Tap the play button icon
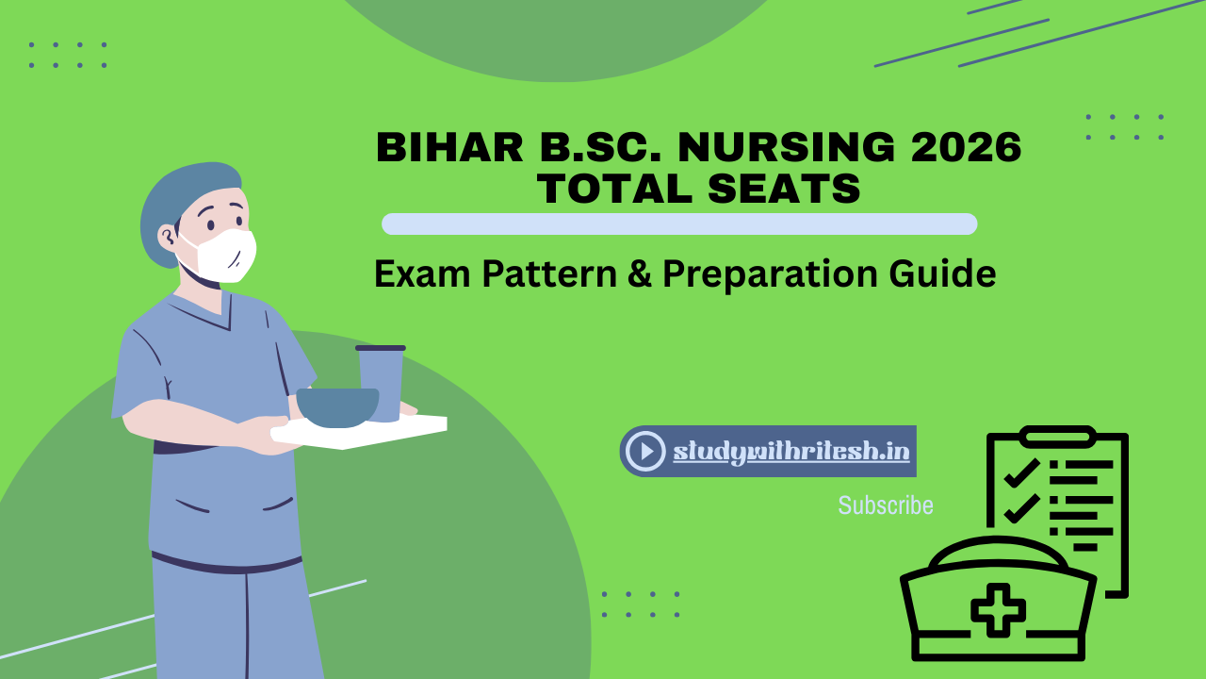click(x=645, y=451)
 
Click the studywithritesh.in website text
click(x=791, y=452)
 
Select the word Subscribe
click(x=886, y=505)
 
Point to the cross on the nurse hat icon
click(x=998, y=609)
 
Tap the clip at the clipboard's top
click(x=1057, y=436)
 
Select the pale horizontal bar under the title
click(x=678, y=224)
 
